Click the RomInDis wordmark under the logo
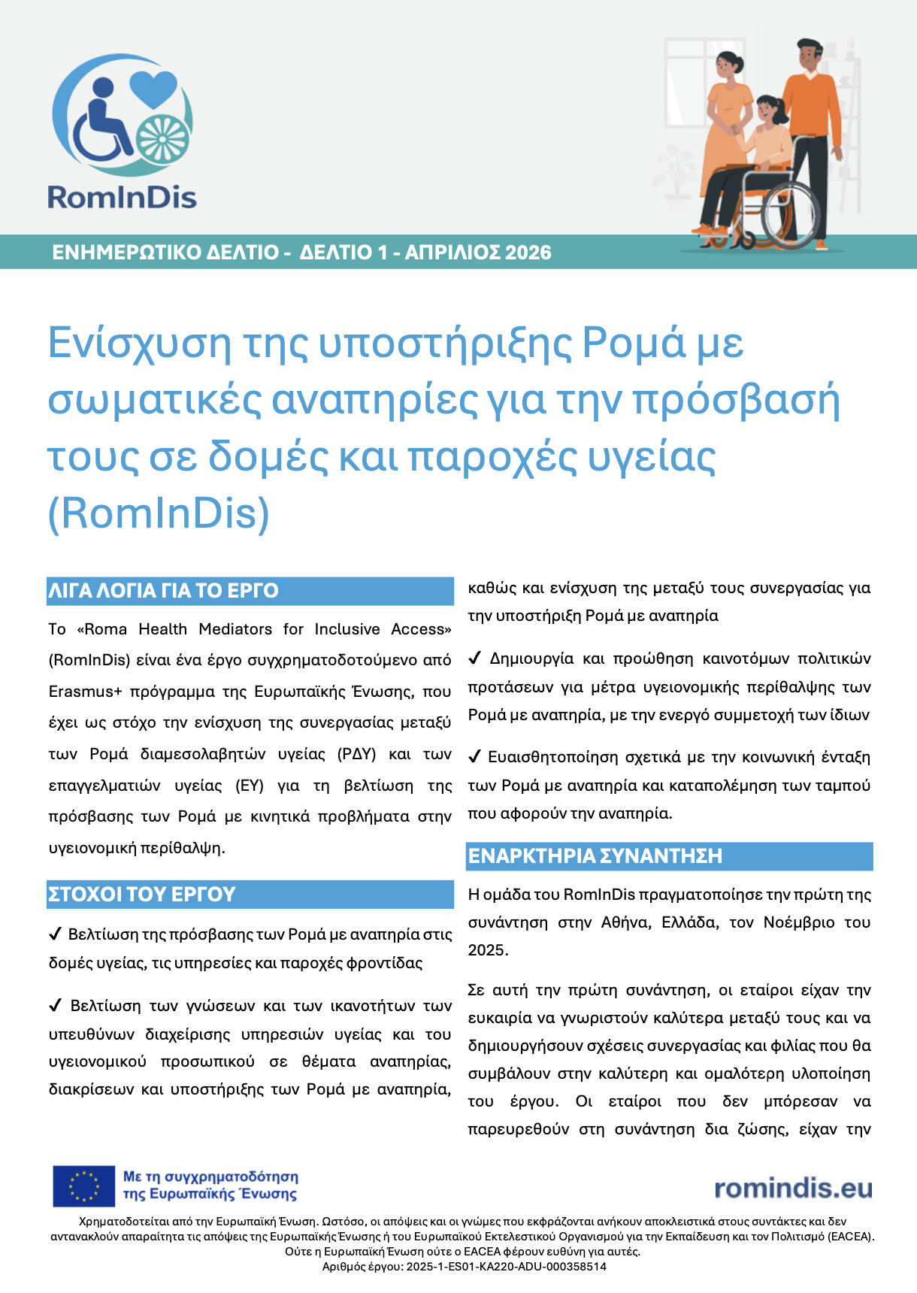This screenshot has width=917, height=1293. [x=122, y=197]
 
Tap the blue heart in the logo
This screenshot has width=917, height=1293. [x=153, y=89]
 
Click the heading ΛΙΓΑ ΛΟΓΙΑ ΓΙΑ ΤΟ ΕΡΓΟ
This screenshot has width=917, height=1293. [x=163, y=591]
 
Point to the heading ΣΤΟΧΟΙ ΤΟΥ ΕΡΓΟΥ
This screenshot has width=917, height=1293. [x=142, y=895]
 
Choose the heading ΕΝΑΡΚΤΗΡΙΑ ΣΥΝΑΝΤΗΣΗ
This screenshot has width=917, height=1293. [x=595, y=856]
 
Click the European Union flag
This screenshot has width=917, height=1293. [x=83, y=1186]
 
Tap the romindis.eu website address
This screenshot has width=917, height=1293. [x=793, y=1188]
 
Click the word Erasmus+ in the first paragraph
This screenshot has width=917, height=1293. [x=85, y=692]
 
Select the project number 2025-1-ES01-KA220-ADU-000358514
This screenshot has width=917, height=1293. [x=506, y=1267]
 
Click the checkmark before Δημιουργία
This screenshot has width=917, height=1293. [x=474, y=659]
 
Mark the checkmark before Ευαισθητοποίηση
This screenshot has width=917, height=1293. [x=474, y=756]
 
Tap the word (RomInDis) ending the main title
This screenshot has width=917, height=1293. [x=159, y=513]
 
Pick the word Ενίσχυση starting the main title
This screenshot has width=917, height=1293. [x=140, y=343]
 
